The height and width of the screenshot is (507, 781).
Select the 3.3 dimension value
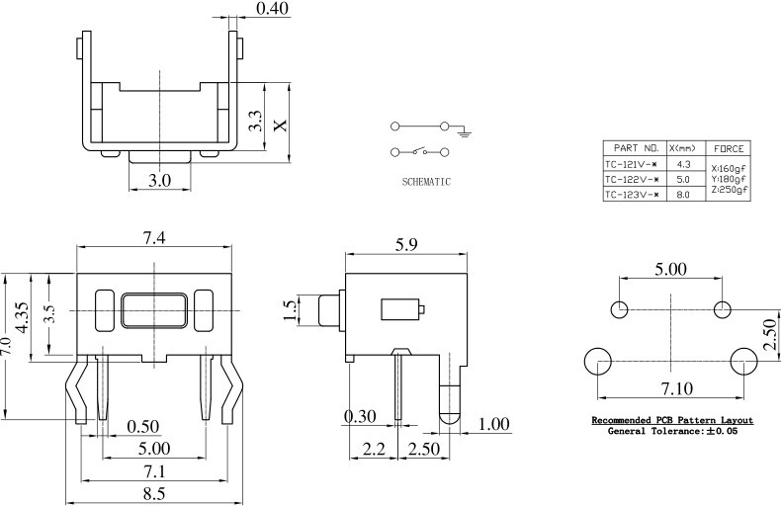[x=255, y=122]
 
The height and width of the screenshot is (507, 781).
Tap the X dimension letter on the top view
[x=280, y=126]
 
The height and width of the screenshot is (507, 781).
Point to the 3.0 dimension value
[x=160, y=180]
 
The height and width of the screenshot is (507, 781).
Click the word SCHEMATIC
[x=426, y=182]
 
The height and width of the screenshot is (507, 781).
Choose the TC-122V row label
[x=633, y=179]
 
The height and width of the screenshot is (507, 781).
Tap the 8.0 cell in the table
[x=683, y=195]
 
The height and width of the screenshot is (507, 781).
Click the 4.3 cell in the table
[x=683, y=163]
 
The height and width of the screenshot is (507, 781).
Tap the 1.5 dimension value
[x=290, y=310]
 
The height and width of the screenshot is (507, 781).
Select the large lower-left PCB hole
[x=599, y=362]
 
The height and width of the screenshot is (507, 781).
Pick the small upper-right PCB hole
[x=722, y=309]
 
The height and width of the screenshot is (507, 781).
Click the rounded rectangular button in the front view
[x=153, y=309]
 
